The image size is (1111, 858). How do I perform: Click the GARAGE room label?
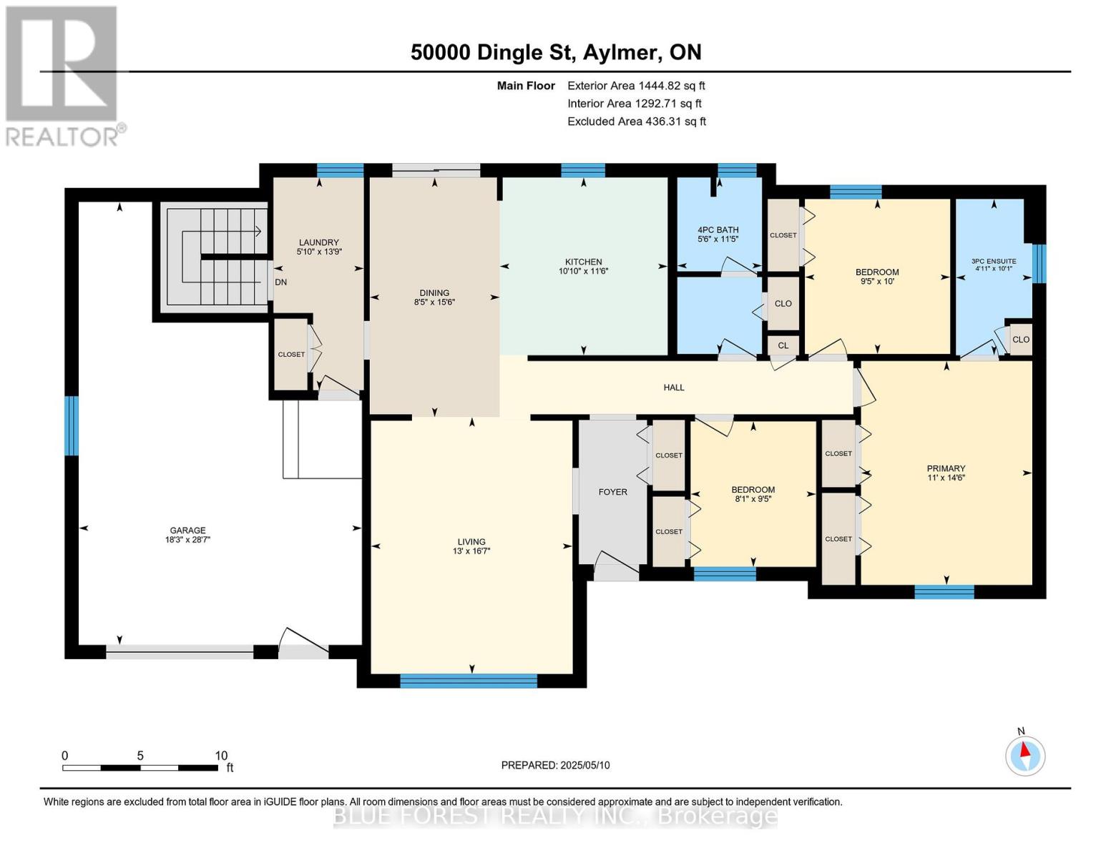click(187, 531)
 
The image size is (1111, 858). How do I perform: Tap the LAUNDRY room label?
click(318, 242)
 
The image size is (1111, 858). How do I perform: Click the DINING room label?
click(434, 292)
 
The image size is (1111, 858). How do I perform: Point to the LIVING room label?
click(471, 542)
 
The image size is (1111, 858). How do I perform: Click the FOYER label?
click(612, 492)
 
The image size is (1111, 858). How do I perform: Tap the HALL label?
click(673, 388)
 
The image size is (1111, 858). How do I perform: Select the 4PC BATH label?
click(718, 230)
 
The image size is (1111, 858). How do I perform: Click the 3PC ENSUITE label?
click(994, 261)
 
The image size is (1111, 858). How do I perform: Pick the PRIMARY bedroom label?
click(946, 469)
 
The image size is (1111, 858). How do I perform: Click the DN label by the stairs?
click(281, 282)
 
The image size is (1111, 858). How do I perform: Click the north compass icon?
click(1025, 755)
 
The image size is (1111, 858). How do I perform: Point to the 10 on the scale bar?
click(221, 756)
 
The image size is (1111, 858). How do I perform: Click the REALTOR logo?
click(62, 75)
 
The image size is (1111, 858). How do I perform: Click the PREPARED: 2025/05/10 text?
click(555, 765)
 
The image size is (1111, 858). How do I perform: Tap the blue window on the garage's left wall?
click(72, 426)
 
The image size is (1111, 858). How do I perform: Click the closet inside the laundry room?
click(291, 355)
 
